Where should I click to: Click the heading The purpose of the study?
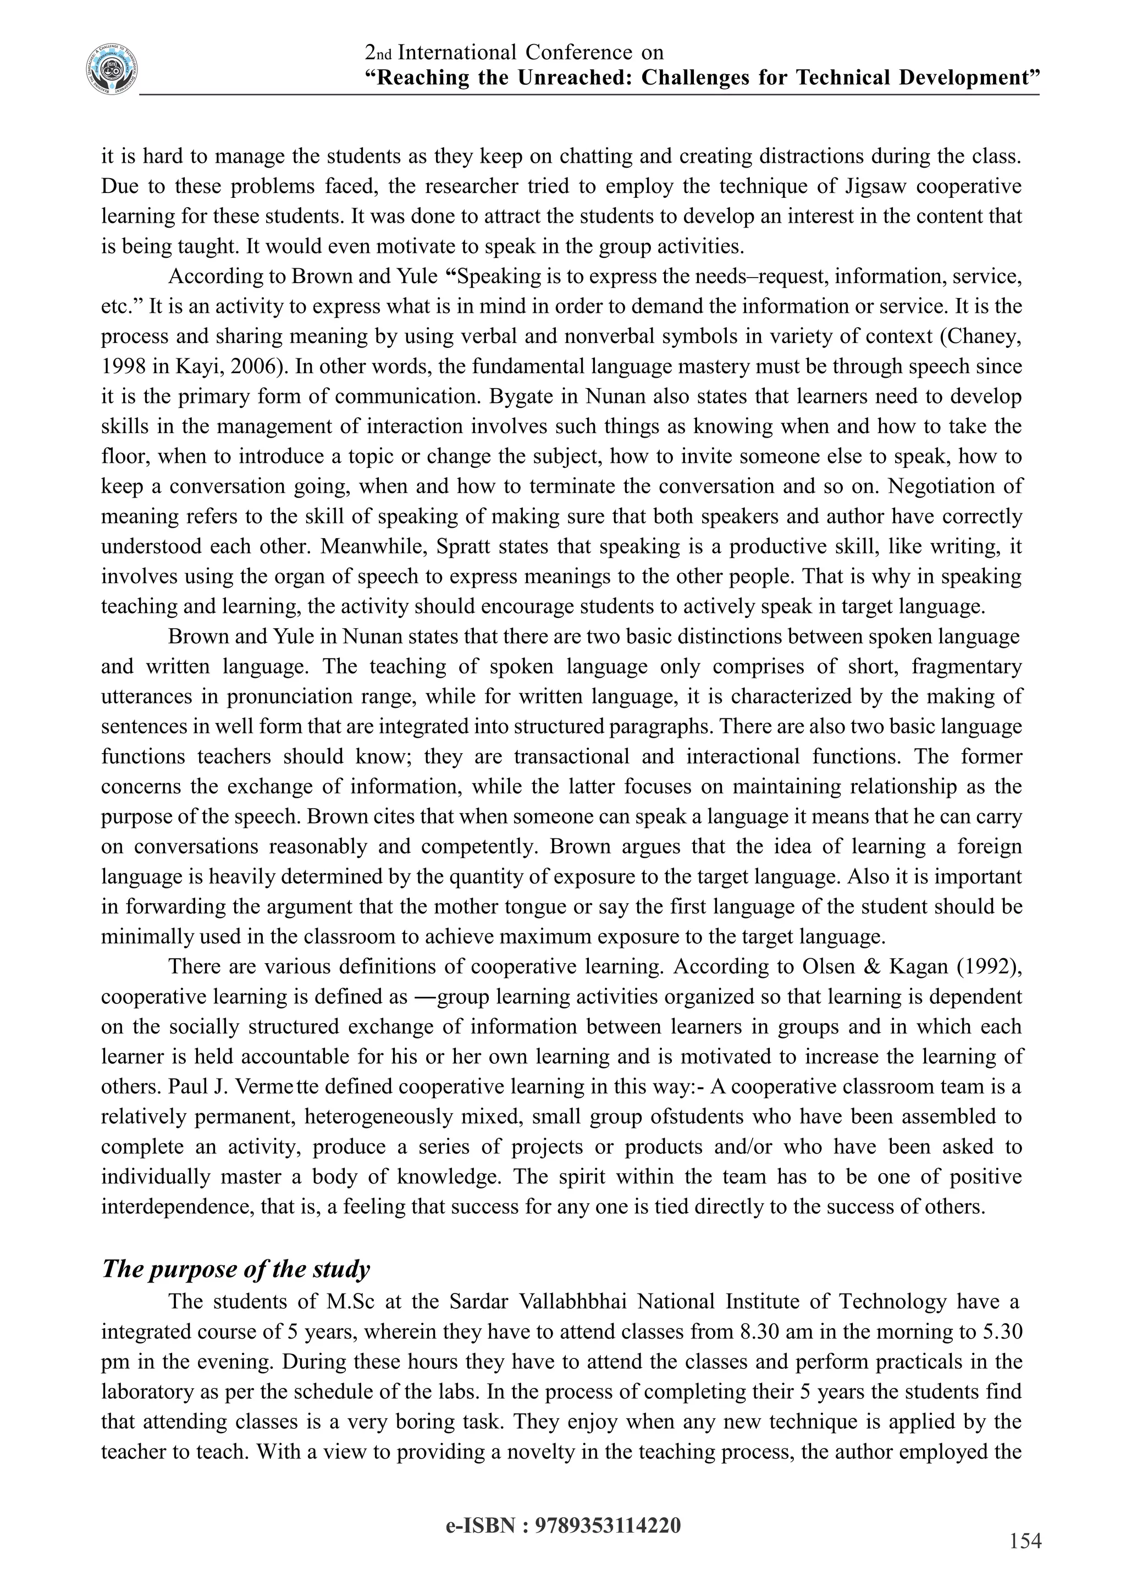point(236,1269)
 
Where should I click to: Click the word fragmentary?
point(967,666)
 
